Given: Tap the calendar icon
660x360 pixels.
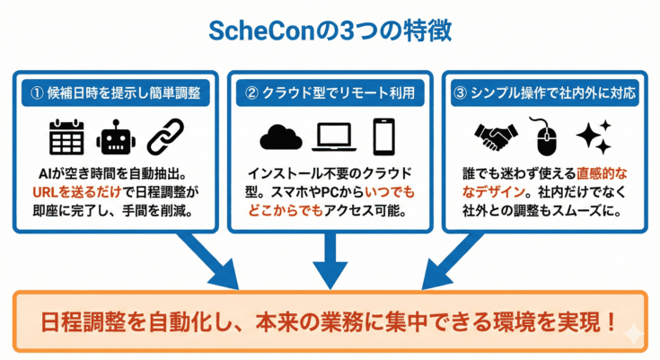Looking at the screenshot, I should click(65, 136).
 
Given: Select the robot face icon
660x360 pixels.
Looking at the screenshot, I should click(115, 136).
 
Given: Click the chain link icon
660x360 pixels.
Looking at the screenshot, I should click(164, 136).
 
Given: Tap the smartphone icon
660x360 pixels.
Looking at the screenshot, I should click(384, 136).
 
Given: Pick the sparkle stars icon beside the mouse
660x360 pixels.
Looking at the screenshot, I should click(594, 136).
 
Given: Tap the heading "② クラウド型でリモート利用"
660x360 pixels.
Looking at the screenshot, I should click(330, 92).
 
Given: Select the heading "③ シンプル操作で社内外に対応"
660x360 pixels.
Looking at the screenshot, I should click(545, 92).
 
